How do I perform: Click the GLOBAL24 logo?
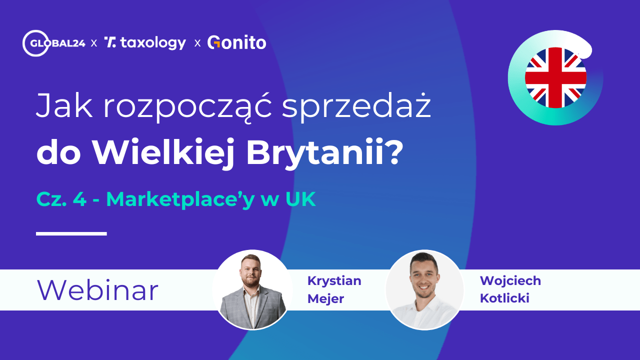point(54,43)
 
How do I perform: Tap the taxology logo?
point(145,43)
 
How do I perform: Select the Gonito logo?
point(236,43)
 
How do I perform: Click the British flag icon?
point(555,77)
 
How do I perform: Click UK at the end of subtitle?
point(300,199)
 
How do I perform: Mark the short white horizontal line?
point(71,233)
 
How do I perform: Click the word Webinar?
point(97,290)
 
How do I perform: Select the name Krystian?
point(334,280)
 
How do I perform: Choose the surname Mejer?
point(325,298)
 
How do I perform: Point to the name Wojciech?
point(510,280)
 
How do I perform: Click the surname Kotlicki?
point(504,298)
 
